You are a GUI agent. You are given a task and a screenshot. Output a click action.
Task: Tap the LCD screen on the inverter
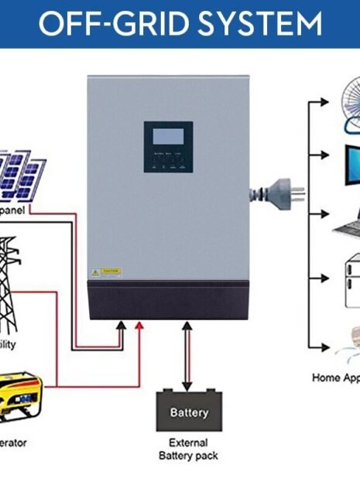168,137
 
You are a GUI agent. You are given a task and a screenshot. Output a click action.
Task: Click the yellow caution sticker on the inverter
105,272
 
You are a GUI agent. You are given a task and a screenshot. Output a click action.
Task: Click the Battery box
189,413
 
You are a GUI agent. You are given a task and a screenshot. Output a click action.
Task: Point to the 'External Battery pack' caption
189,449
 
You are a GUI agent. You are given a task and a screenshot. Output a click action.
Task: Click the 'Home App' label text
335,377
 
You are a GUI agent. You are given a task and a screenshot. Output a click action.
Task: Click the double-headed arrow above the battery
187,356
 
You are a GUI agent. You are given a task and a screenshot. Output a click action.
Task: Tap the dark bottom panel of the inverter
169,300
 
